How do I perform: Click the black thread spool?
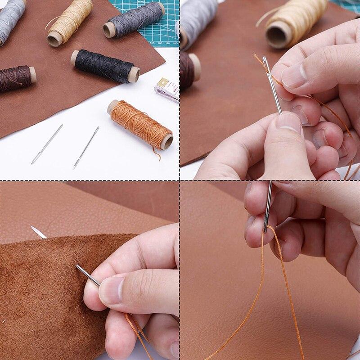(x=104, y=66)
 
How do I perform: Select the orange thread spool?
(x=139, y=123)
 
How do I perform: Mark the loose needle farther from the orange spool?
(x=47, y=144)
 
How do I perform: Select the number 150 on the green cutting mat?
(x=153, y=43)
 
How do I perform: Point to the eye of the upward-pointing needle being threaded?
(x=266, y=63)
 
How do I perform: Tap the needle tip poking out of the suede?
(x=38, y=232)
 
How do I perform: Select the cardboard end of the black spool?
(x=134, y=75)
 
